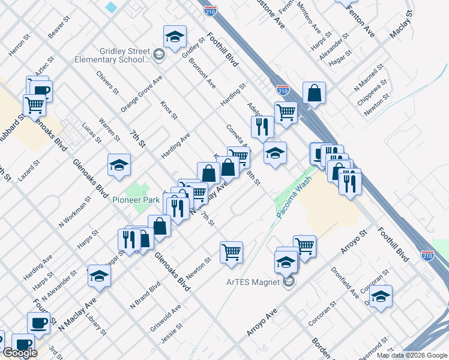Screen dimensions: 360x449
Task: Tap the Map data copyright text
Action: point(412,355)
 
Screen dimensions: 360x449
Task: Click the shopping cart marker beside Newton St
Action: point(231,252)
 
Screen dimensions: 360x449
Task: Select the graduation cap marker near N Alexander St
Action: point(100,276)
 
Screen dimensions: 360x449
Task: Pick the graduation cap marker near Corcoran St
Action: point(381,296)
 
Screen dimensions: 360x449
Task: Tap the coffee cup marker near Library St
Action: point(39,323)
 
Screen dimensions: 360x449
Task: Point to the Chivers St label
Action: point(107,82)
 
